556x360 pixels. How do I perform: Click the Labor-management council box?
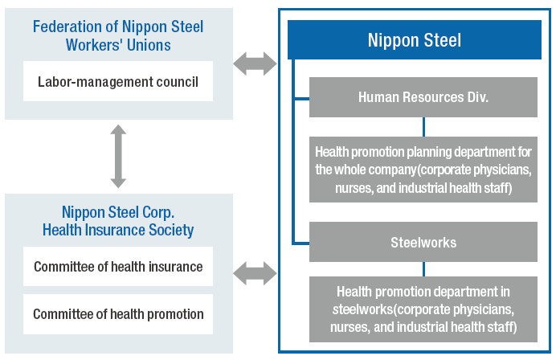[118, 81]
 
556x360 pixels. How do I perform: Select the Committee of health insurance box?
[118, 266]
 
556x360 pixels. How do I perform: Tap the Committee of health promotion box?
[118, 314]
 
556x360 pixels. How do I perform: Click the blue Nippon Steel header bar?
[414, 39]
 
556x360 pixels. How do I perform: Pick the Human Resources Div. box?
[423, 97]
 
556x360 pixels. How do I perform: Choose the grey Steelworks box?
[423, 242]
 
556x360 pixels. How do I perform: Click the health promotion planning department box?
[423, 170]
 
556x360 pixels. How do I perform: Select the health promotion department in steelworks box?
[423, 309]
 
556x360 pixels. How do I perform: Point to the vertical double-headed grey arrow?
[118, 156]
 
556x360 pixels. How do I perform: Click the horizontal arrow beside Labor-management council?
[255, 63]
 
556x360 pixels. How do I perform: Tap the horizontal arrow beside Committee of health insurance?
[255, 273]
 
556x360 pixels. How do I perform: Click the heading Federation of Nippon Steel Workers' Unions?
[118, 36]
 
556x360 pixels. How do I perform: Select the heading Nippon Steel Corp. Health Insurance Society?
[118, 221]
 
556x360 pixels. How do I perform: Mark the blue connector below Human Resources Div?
[423, 127]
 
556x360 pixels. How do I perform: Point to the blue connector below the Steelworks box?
[423, 269]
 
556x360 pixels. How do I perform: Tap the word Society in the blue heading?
[171, 230]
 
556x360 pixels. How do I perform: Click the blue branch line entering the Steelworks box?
[300, 243]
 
